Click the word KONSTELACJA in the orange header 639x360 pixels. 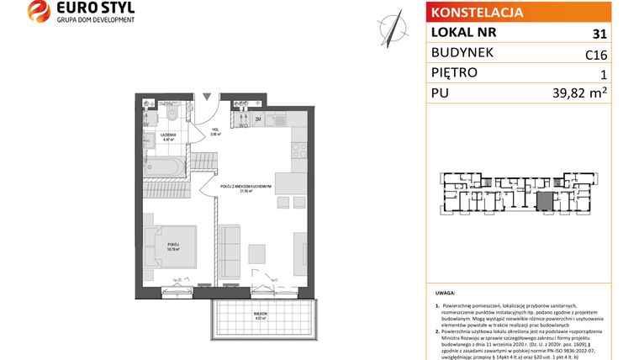[476, 13]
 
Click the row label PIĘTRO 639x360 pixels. [453, 73]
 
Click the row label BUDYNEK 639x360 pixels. [462, 53]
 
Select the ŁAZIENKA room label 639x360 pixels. [158, 135]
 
